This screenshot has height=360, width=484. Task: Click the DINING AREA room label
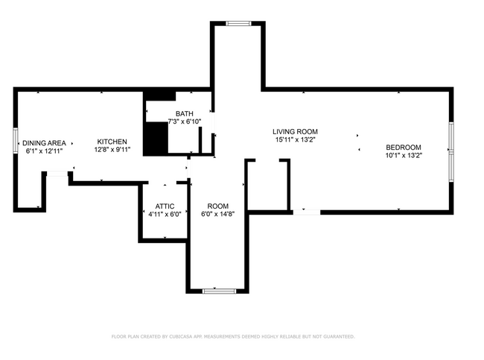point(44,142)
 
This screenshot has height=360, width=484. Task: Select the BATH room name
point(184,113)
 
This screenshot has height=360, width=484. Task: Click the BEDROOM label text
point(403,147)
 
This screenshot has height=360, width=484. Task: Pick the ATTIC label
point(165,206)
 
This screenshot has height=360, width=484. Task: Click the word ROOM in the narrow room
point(217,206)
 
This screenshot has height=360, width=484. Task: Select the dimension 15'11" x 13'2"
point(295,139)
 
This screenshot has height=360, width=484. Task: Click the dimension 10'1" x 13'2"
point(403,156)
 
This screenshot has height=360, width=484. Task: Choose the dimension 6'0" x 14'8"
point(217,214)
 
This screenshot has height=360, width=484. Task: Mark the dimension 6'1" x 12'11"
point(44,151)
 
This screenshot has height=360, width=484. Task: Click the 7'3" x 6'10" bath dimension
point(184,121)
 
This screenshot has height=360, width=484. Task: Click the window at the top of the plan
point(239,24)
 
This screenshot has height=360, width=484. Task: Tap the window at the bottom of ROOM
point(219,290)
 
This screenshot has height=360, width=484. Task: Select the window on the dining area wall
point(16,142)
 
